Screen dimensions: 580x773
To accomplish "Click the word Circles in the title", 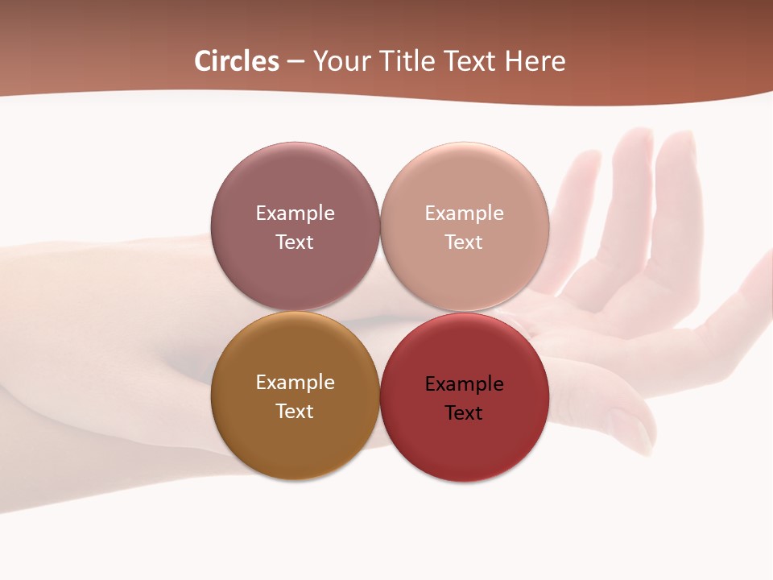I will tap(237, 61).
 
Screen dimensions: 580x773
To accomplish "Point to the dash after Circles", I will tap(296, 62).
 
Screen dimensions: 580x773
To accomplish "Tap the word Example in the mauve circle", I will tap(295, 213).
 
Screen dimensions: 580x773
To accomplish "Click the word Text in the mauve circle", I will tap(295, 242).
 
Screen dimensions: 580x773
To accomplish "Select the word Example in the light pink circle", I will tap(464, 213).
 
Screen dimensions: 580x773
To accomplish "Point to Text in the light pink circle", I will tap(464, 242).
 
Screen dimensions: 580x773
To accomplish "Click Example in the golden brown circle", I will tap(295, 383).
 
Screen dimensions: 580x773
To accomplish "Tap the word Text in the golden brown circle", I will tap(295, 412).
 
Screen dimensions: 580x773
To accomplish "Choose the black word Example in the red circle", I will tap(464, 384).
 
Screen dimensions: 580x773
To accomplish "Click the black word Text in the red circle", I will tap(464, 413).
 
